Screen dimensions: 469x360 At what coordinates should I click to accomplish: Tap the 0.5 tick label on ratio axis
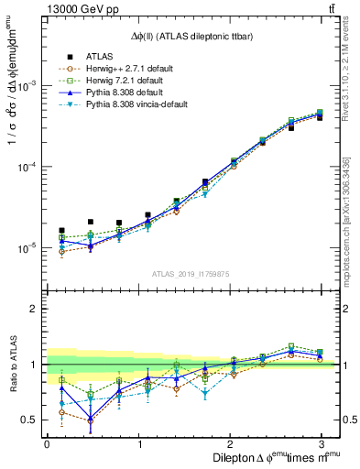pos(28,420)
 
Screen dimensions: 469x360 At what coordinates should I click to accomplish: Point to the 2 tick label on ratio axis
pos(33,309)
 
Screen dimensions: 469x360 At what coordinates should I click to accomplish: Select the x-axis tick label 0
pos(47,444)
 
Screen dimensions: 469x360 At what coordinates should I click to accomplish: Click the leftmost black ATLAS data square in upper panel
pos(61,231)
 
